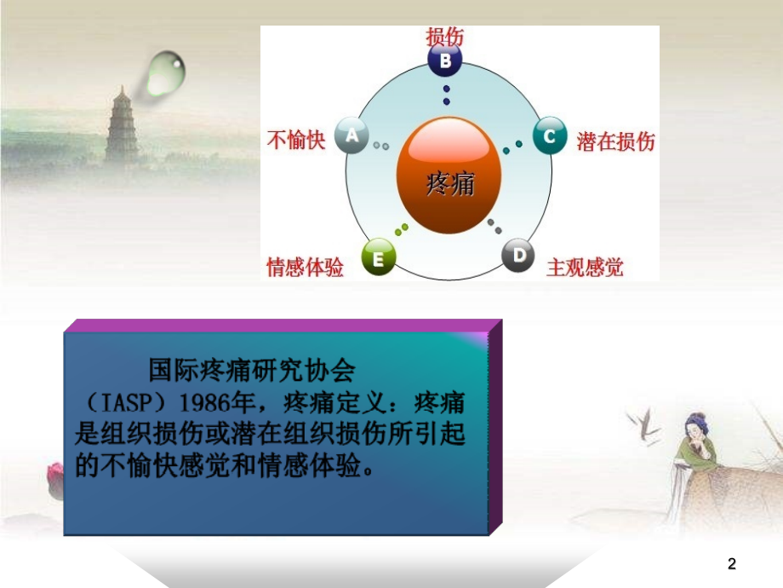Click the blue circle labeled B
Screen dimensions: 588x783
click(445, 61)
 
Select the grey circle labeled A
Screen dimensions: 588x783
click(351, 135)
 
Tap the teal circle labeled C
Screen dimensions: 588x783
click(550, 135)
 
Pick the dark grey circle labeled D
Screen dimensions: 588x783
click(517, 256)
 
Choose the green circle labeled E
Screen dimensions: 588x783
click(379, 257)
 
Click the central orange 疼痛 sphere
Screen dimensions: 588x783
click(449, 176)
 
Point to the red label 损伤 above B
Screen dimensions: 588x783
click(445, 36)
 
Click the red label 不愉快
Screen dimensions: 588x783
click(297, 140)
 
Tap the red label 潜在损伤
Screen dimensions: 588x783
click(615, 141)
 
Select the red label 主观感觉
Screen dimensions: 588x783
click(584, 268)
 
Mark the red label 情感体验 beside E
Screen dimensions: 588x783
click(306, 268)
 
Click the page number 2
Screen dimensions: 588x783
click(732, 563)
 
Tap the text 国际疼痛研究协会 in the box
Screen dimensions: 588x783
click(250, 372)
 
